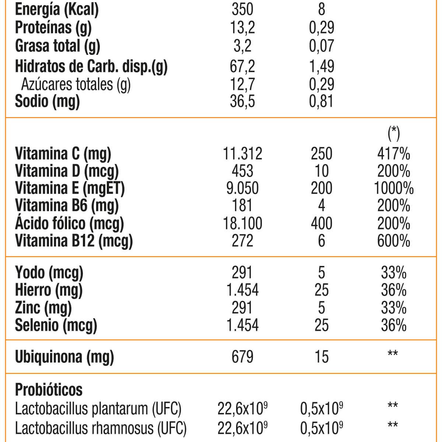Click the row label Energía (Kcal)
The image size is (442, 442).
pos(57,10)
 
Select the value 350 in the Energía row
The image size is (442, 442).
pos(242,10)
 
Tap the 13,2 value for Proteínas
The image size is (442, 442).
pos(242,28)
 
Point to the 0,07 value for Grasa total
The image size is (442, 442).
pos(321,46)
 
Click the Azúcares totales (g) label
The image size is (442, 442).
pos(76,84)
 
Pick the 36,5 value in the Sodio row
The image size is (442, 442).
pos(242,101)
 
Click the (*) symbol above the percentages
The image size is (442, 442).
pos(394,133)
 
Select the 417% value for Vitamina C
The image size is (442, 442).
pos(393,154)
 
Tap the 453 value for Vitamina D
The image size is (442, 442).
pos(242,171)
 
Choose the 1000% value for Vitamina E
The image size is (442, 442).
pos(393,188)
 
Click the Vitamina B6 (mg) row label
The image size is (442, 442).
pos(67,206)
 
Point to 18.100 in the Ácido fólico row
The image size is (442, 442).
pos(242,223)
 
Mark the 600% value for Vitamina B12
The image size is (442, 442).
pos(393,241)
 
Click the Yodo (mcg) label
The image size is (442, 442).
pos(49,273)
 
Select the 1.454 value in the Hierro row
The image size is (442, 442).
pos(242,290)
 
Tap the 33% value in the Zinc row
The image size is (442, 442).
pos(393,308)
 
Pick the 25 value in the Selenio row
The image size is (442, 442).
pos(321,325)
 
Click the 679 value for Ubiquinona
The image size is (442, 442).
pos(242,357)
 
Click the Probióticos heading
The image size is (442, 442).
pos(49,389)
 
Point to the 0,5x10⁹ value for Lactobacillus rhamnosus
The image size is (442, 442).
pos(322,428)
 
